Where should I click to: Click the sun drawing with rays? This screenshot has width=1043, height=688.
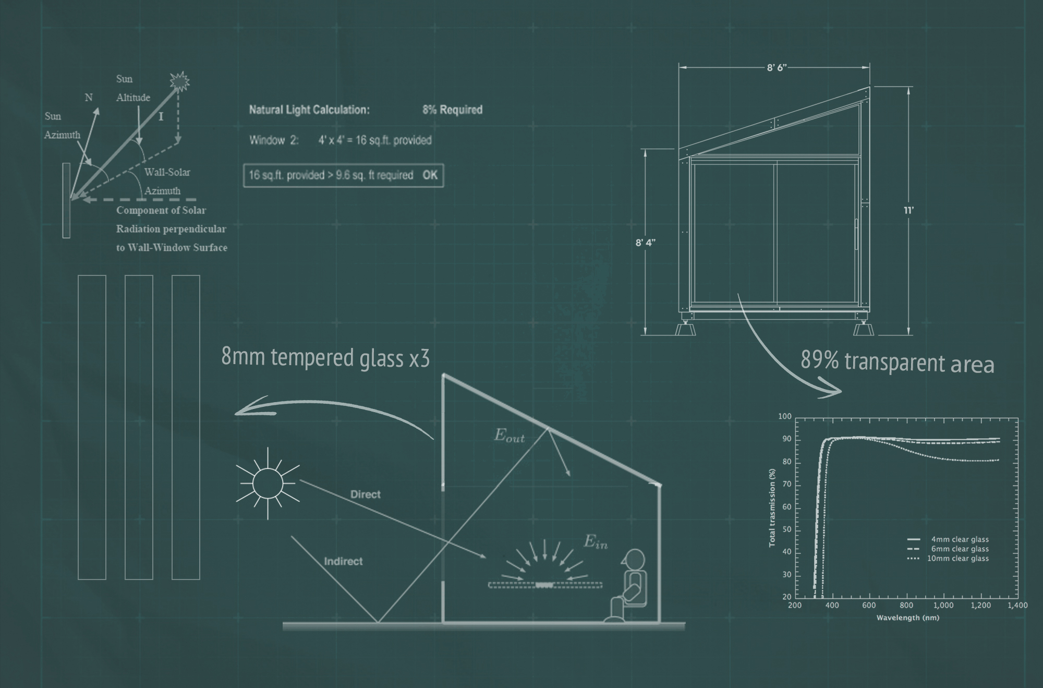point(268,483)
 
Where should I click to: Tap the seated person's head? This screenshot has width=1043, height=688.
point(634,559)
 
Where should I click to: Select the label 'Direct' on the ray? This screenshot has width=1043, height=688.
point(365,494)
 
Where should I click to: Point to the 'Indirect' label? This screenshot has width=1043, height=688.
point(343,561)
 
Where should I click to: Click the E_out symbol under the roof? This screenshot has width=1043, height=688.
point(509,436)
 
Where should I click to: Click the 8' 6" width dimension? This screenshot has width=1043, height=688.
point(777,68)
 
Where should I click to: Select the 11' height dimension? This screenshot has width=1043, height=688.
point(909,210)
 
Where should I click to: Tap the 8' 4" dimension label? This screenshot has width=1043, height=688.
point(646,243)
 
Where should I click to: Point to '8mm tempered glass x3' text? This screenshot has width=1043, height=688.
point(325,358)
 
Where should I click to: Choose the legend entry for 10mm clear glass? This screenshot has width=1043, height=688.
point(948,558)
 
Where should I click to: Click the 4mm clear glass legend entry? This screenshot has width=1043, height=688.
point(948,539)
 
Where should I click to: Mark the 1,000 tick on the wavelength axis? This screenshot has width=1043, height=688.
point(943,606)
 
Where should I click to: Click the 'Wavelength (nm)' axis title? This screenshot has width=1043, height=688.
point(907,618)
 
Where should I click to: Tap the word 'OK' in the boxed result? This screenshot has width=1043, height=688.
point(430,175)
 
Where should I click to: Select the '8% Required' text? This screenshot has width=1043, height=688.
point(452,110)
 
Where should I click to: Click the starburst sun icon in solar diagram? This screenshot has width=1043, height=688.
point(179,82)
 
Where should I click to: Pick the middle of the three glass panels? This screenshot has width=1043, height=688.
point(139,427)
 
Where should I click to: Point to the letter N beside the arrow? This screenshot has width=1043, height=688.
point(89,98)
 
